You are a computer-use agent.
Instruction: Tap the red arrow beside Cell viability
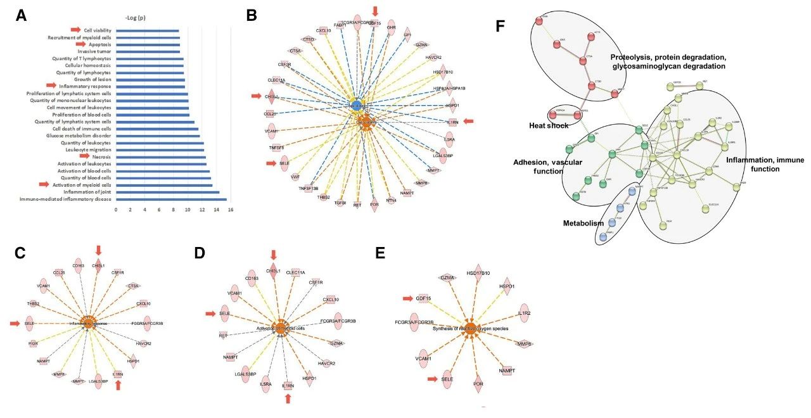(75, 30)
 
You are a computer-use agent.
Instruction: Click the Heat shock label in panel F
(548, 125)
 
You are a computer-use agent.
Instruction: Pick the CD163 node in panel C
(78, 264)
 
